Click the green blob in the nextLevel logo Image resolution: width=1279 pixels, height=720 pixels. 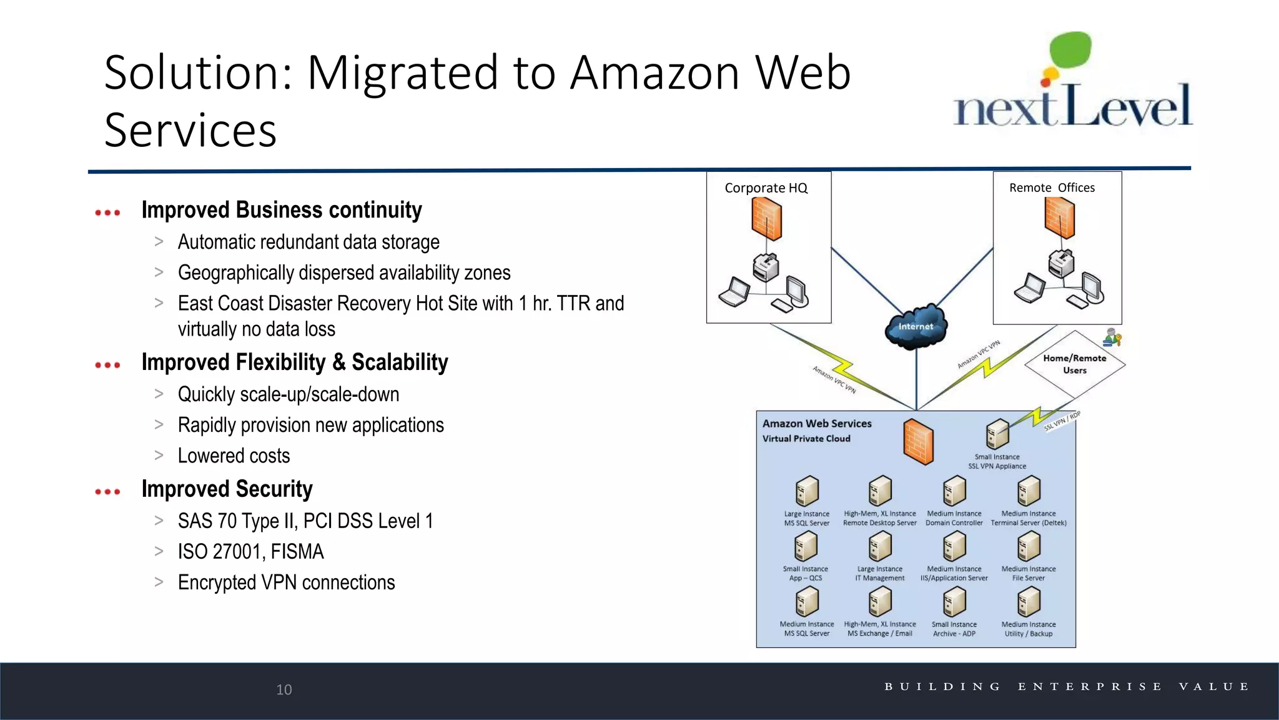point(1070,50)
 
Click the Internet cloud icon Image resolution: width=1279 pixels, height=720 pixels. point(916,327)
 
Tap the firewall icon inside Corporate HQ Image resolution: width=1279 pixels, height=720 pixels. point(766,219)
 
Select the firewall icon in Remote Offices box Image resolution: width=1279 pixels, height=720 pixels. point(1059,217)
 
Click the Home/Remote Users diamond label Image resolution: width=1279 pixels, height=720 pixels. point(1074,364)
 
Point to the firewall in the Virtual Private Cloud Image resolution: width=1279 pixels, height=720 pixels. point(918,441)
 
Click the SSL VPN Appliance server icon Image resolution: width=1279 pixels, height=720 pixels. point(997,434)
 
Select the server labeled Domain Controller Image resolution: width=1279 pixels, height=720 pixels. point(954,491)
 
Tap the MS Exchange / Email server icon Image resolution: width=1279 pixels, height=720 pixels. point(880,602)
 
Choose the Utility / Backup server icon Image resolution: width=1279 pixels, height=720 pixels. point(1029,602)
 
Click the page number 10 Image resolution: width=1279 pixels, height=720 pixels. point(284,689)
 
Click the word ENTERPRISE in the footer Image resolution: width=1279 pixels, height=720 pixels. point(1089,686)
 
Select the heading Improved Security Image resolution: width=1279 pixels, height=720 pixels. point(227,489)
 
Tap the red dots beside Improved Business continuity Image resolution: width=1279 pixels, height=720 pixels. point(107,212)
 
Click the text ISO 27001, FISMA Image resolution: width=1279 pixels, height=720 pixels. point(250,551)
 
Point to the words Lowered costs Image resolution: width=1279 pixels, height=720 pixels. point(234,456)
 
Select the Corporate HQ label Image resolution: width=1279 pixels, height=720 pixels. point(766,187)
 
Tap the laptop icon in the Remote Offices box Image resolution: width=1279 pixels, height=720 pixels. point(1029,288)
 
